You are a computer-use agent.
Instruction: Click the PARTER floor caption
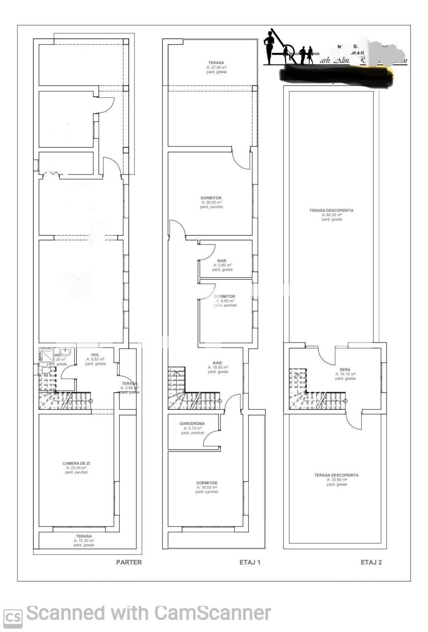tap(129, 562)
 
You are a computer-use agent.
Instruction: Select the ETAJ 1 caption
tap(250, 562)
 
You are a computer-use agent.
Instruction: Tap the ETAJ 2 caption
tap(371, 562)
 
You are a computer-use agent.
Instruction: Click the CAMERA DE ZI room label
tap(76, 463)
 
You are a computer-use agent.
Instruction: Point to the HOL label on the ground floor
tap(95, 355)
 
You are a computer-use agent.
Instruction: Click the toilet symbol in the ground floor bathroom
tap(45, 370)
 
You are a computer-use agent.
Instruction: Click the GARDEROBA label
tap(192, 423)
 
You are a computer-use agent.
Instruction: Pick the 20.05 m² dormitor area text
tap(211, 202)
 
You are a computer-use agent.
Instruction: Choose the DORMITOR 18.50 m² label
tap(206, 483)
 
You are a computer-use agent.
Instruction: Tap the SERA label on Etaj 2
tap(345, 370)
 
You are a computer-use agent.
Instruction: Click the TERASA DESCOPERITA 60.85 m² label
tap(331, 211)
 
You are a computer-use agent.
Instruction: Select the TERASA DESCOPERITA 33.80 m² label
tap(336, 475)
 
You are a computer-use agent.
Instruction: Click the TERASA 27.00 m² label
tap(216, 63)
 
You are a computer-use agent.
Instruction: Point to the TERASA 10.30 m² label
tap(84, 536)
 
